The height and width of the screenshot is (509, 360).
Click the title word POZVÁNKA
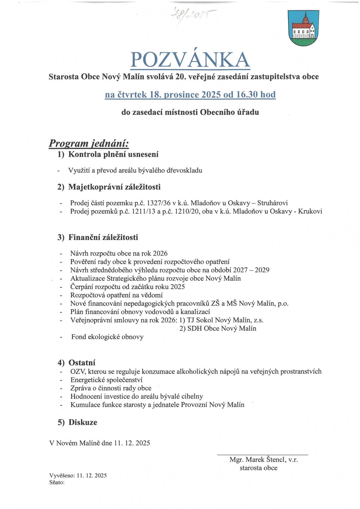click(190, 60)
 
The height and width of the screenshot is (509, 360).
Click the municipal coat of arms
click(303, 28)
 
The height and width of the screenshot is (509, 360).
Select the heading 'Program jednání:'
click(89, 143)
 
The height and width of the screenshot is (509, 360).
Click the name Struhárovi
click(272, 203)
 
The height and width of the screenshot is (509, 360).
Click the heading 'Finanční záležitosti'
click(103, 237)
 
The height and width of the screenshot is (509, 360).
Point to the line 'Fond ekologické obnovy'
click(107, 337)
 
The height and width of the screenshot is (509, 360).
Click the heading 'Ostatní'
click(82, 363)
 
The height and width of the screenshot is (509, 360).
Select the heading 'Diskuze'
click(83, 422)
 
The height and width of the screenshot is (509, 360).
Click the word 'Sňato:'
click(57, 483)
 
